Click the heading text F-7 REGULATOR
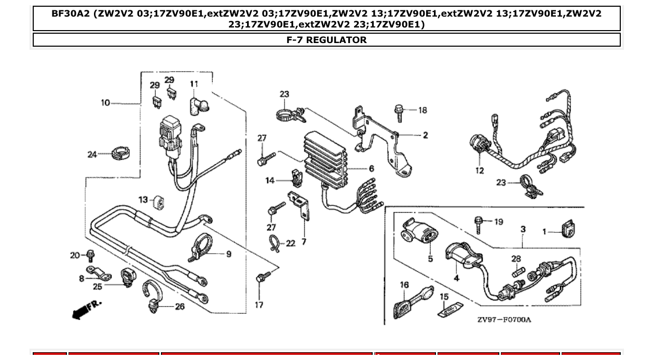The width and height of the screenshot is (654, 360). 326,40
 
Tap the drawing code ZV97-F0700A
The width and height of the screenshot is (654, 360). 504,320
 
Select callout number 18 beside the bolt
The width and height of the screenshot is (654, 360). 423,110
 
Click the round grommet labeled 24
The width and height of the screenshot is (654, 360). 120,154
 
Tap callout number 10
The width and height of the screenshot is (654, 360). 105,103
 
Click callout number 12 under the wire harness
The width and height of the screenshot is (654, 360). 479,171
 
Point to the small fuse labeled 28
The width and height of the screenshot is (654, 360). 516,271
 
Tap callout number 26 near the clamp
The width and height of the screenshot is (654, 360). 179,307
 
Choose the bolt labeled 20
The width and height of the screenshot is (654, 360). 90,255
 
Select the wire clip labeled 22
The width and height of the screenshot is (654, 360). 275,243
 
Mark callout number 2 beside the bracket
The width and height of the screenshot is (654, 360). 425,135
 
